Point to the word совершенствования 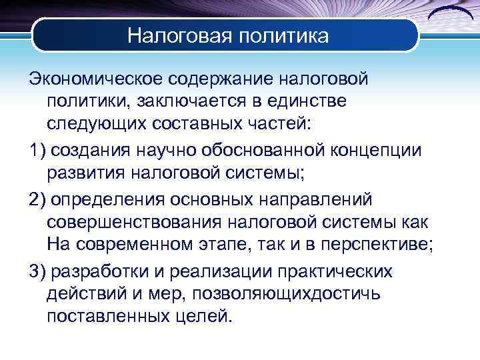tap(142, 222)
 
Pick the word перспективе tap(378, 245)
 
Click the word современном tap(141, 245)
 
